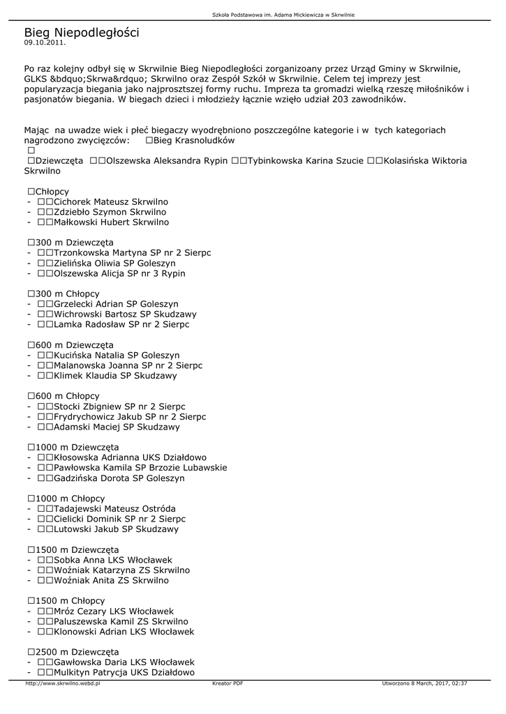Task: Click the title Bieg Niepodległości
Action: coord(82,33)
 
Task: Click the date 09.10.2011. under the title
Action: coord(45,43)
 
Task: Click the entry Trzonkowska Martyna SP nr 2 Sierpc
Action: coord(132,252)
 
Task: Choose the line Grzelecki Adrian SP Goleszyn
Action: coord(116,304)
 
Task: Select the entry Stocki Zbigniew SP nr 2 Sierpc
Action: coord(119,407)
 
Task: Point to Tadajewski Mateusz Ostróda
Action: coord(114,509)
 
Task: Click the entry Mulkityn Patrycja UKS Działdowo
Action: coord(124,672)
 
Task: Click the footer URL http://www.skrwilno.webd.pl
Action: coord(63,684)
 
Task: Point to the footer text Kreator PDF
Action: coord(228,684)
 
